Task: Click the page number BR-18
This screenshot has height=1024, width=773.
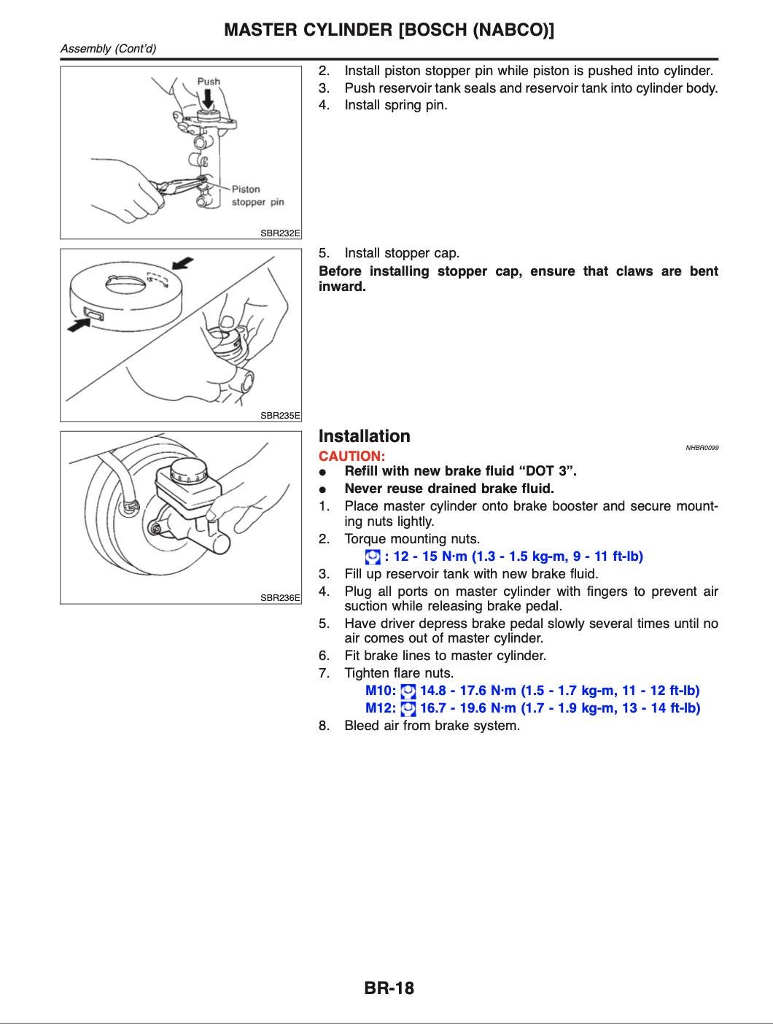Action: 389,988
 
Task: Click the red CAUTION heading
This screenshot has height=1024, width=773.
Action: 351,456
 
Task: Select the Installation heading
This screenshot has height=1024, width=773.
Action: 365,436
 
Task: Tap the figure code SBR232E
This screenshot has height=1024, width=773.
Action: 280,233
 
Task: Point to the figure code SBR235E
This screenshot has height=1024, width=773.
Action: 280,416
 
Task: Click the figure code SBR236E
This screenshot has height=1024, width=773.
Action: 280,598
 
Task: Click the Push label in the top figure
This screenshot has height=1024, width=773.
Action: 209,82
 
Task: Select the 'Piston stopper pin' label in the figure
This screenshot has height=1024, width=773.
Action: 257,195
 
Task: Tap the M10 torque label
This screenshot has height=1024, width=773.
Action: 380,691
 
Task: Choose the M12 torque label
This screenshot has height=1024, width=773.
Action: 380,708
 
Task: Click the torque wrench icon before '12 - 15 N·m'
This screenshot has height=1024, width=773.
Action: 373,557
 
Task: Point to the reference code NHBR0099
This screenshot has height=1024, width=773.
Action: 702,448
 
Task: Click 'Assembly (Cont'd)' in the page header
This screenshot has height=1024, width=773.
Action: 108,49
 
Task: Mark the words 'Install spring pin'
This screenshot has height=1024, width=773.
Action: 396,105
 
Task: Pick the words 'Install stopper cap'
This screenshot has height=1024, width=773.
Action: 402,253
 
